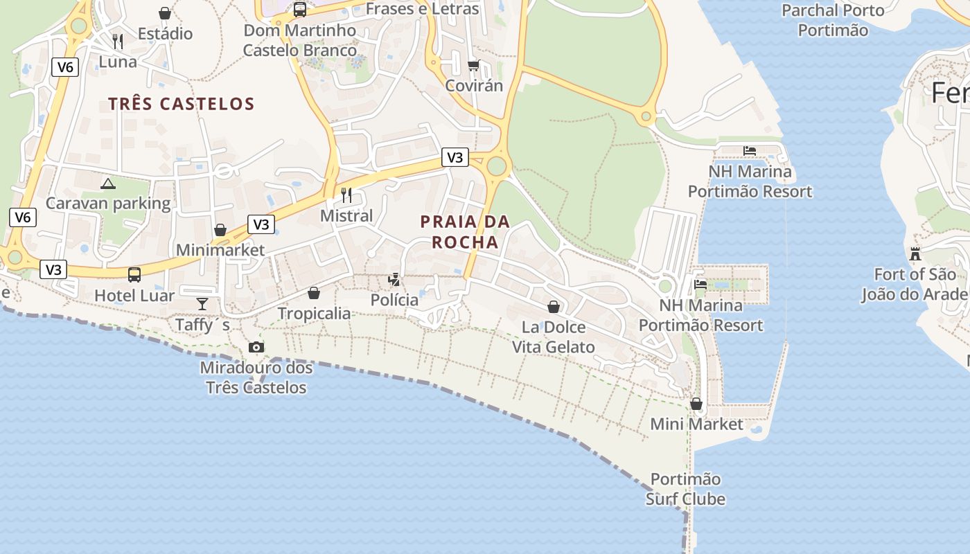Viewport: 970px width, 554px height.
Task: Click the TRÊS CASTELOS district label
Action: [182, 104]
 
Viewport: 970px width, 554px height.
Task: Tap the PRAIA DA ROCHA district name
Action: [465, 231]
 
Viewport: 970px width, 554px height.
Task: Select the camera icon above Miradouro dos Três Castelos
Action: [256, 347]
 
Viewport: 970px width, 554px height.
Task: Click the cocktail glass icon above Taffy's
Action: [202, 303]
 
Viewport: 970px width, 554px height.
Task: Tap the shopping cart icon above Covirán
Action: [474, 66]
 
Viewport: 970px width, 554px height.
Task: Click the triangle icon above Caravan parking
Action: [107, 184]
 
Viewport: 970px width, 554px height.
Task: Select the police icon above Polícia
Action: [394, 280]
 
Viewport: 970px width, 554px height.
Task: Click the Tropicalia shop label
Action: [314, 314]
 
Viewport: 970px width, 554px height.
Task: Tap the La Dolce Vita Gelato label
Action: [553, 337]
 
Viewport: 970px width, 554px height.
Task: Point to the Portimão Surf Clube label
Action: [685, 489]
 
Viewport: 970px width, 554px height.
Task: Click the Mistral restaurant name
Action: [346, 216]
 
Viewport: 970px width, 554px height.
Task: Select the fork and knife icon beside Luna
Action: [118, 42]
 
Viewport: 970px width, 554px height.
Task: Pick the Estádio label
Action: [165, 34]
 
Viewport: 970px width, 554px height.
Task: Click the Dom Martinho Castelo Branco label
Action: [299, 40]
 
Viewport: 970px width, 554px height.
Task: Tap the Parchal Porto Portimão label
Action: [833, 20]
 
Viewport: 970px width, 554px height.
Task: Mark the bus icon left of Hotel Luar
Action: [134, 275]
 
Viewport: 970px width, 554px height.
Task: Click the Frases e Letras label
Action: [422, 9]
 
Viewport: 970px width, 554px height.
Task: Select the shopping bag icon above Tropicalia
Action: [314, 293]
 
